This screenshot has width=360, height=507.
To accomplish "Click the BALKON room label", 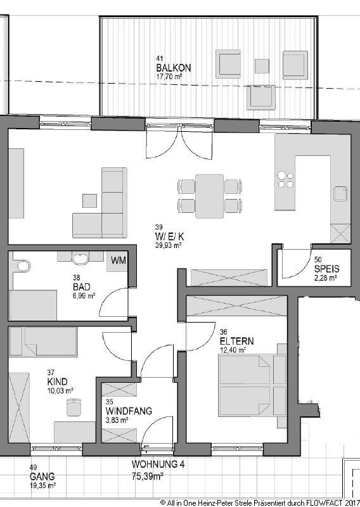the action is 174,68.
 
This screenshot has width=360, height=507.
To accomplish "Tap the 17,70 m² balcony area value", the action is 168,77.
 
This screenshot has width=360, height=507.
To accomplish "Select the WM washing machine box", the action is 118,260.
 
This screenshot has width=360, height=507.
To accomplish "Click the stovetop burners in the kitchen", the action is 286,179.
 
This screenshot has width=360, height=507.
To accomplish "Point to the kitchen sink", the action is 341,194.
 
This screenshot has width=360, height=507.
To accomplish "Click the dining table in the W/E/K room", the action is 209,196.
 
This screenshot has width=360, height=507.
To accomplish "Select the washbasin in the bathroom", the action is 80,259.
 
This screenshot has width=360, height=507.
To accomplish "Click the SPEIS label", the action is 326,269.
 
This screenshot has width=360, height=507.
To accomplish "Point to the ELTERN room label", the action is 236,341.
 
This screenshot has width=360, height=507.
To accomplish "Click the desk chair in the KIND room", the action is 74,407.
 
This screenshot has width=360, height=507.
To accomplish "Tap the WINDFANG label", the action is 129,411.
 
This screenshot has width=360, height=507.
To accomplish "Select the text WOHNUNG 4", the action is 158,465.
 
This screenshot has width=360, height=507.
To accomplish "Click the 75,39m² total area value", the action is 147,476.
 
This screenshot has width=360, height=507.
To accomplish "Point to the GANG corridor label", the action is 42,477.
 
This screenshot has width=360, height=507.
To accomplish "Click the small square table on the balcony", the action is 262,66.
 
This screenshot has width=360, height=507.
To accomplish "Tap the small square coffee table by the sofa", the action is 89,201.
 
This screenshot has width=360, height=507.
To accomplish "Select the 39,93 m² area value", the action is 168,246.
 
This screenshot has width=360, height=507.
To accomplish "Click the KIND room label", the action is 57,382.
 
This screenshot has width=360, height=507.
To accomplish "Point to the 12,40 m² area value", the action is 233,350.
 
